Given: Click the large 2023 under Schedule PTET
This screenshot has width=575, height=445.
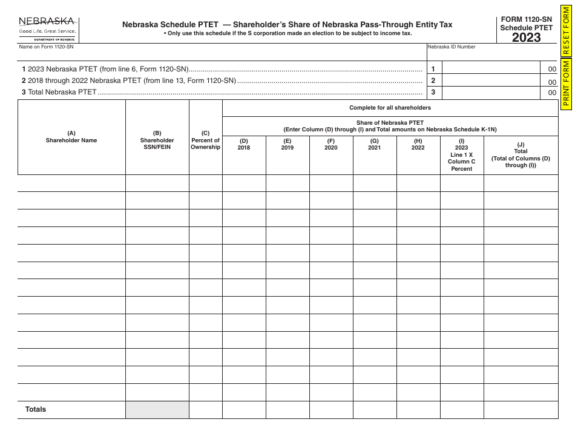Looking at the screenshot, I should pyautogui.click(x=526, y=38).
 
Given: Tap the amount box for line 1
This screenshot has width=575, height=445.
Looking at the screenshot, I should pyautogui.click(x=491, y=69).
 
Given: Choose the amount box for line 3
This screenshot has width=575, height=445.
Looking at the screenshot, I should pyautogui.click(x=491, y=93).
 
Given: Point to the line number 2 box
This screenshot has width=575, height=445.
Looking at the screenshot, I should pyautogui.click(x=433, y=81).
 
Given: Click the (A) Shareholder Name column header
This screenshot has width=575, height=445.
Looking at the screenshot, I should pyautogui.click(x=71, y=137).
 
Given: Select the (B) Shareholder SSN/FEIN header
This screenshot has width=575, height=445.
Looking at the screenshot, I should pyautogui.click(x=157, y=140).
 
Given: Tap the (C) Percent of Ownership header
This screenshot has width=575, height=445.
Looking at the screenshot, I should pyautogui.click(x=206, y=140).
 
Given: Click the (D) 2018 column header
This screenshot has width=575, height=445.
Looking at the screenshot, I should pyautogui.click(x=244, y=144).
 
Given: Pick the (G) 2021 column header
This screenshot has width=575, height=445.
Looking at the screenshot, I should pyautogui.click(x=375, y=144).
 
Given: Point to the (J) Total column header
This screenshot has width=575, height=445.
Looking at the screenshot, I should pyautogui.click(x=521, y=155).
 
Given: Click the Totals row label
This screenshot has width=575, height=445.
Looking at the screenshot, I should pyautogui.click(x=36, y=409).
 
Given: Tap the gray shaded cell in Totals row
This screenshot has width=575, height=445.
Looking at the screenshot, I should pyautogui.click(x=157, y=410).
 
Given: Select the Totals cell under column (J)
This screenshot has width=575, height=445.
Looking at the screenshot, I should pyautogui.click(x=521, y=410).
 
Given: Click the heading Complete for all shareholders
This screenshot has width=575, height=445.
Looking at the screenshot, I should pyautogui.click(x=390, y=108).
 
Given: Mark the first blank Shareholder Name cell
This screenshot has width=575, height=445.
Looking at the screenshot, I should pyautogui.click(x=71, y=183).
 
